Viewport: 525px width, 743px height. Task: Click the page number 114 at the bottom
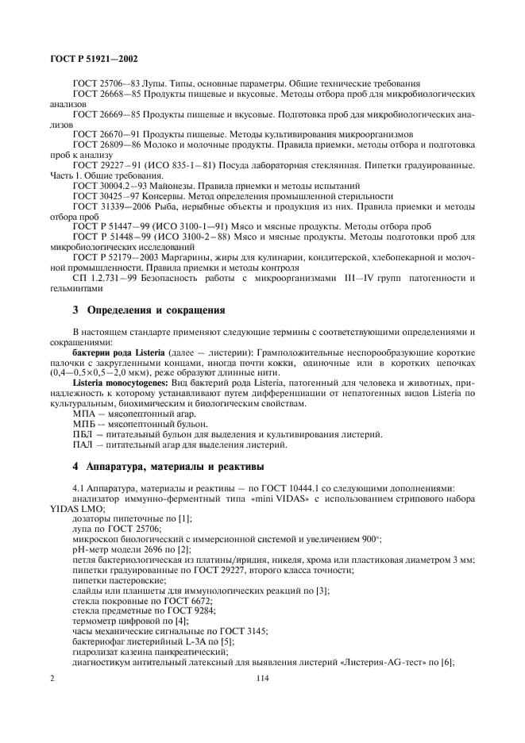point(262,678)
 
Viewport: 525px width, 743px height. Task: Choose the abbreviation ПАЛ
point(82,444)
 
